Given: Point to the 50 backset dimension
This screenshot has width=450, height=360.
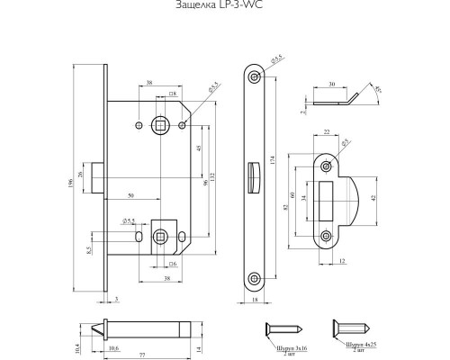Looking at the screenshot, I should [x=131, y=194].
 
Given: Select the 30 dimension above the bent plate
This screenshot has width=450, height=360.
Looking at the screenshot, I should [x=332, y=84].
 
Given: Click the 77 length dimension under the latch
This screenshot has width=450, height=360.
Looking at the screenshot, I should [x=142, y=354].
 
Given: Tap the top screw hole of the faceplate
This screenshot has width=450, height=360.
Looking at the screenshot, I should [x=255, y=78].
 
